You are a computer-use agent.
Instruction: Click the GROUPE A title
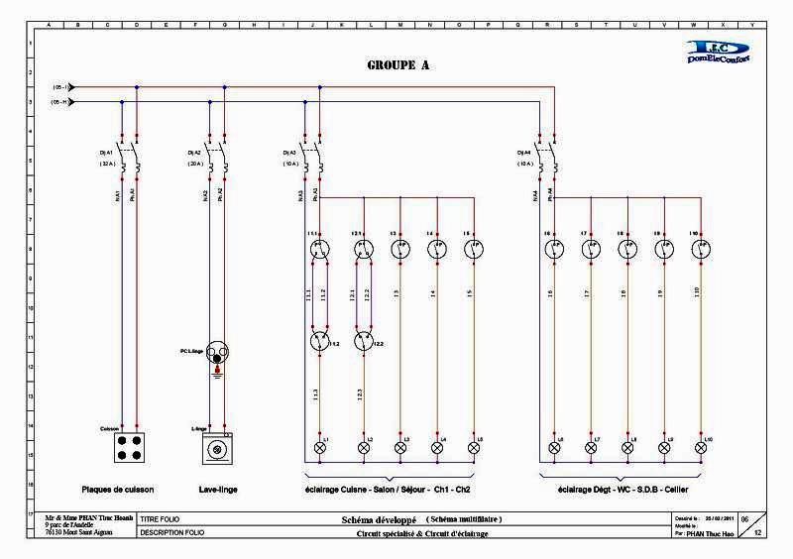(396, 65)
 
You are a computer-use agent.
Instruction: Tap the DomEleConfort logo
(719, 53)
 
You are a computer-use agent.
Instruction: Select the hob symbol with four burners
(129, 448)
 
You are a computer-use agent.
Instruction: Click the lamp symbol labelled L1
(319, 448)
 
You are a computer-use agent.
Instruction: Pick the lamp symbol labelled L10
(701, 448)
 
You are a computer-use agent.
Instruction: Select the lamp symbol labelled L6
(553, 448)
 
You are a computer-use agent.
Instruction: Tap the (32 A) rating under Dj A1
(108, 164)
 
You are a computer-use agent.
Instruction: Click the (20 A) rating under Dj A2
(195, 164)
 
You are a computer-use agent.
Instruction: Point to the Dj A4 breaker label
(524, 152)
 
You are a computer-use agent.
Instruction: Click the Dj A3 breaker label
(290, 152)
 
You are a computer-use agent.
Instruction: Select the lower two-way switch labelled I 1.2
(319, 343)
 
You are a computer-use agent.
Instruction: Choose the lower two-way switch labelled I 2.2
(363, 343)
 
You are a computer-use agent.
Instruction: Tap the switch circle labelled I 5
(473, 250)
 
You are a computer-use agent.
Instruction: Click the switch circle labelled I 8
(626, 250)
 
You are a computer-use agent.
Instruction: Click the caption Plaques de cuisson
(119, 490)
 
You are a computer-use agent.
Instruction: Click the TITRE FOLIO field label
(162, 519)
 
